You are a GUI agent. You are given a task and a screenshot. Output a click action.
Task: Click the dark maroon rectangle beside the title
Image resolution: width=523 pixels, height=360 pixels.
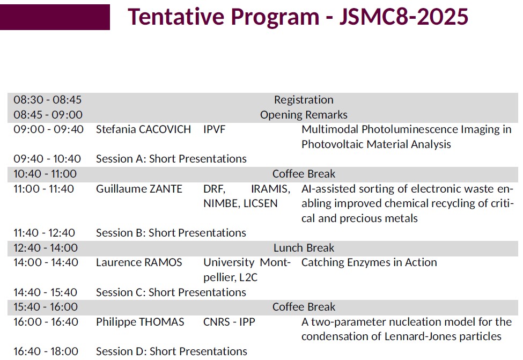[x=55, y=17]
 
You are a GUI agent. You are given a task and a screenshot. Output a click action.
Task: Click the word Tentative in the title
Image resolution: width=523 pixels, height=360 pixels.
[x=176, y=16]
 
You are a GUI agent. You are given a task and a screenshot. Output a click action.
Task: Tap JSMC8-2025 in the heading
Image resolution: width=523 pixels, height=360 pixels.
[x=403, y=16]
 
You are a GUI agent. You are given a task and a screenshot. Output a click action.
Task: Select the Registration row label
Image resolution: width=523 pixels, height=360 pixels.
[x=304, y=100]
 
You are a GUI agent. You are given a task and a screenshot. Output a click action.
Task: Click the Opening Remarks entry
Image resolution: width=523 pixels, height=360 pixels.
[x=304, y=115]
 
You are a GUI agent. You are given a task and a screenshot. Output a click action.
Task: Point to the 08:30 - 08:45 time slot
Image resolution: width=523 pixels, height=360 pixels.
[x=47, y=100]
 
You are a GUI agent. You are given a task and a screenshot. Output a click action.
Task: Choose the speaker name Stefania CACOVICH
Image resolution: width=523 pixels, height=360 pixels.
[x=143, y=129]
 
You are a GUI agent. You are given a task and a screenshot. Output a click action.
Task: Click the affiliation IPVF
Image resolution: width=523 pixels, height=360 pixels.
[x=214, y=129]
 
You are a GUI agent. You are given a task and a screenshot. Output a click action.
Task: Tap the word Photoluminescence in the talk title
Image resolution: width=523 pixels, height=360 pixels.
[x=410, y=129]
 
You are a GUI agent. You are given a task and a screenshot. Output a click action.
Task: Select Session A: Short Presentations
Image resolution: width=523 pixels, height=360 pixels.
[x=171, y=159]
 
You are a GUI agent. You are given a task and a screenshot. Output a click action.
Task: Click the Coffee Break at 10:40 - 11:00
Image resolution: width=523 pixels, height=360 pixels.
[x=304, y=174]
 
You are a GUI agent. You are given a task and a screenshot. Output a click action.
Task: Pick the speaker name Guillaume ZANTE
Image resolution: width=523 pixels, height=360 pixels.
[x=139, y=189]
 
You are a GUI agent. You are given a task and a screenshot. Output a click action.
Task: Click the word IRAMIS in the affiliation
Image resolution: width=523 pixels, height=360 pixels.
[x=270, y=189]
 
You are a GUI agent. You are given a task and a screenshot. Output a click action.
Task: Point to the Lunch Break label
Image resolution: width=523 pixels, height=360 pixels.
[x=304, y=248]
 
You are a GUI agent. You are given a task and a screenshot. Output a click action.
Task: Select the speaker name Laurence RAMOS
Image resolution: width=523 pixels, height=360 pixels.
[x=139, y=262]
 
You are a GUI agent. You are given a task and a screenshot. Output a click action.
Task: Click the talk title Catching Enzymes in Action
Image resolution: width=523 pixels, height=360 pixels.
[x=369, y=262]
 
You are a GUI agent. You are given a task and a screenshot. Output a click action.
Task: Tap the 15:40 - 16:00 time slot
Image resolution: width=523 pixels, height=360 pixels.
[x=46, y=307]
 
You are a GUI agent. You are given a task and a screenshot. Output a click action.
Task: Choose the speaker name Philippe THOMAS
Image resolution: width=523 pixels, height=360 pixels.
[x=140, y=322]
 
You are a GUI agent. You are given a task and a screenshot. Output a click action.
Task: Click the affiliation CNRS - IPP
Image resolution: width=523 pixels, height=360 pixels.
[x=229, y=322]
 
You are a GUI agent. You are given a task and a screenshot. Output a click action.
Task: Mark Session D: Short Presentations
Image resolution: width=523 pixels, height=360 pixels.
[x=172, y=351]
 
